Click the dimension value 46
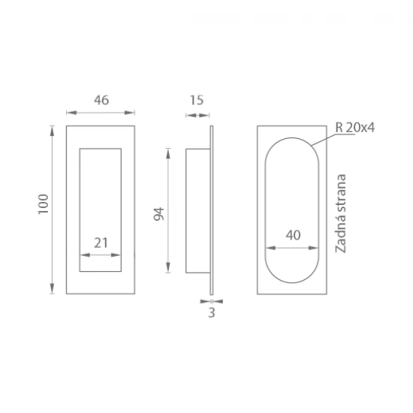pyautogui.click(x=101, y=100)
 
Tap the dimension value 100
pyautogui.click(x=44, y=204)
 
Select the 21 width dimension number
pyautogui.click(x=101, y=243)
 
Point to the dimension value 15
pyautogui.click(x=197, y=100)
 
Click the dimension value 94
pyautogui.click(x=159, y=214)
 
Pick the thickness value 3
pyautogui.click(x=212, y=312)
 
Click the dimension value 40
pyautogui.click(x=293, y=235)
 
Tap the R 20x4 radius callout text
pyautogui.click(x=354, y=128)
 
